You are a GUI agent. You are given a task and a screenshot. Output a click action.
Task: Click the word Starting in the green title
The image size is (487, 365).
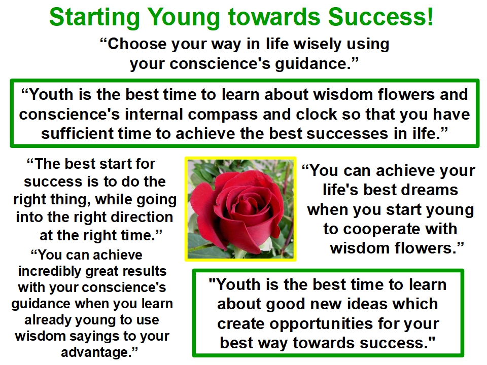coord(95,18)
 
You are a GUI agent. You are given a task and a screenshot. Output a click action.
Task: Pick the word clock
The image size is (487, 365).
coord(316,114)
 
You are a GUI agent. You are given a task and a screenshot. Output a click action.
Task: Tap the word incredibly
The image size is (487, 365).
coord(50,272)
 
